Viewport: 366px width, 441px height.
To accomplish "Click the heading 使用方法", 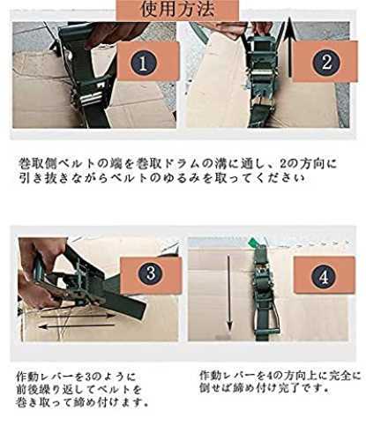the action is coord(177,9).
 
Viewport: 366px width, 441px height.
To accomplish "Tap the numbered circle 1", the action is coord(144,64).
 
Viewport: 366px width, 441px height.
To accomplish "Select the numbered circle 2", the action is coord(326,63).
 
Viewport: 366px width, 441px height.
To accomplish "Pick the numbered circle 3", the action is coord(151,273).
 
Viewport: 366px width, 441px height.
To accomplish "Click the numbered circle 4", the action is coord(324,277).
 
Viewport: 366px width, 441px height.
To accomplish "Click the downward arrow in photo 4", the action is coord(229,293).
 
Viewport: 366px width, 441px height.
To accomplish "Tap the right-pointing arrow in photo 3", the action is coord(78,317).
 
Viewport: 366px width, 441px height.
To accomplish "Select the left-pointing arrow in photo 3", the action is coord(77,326).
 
